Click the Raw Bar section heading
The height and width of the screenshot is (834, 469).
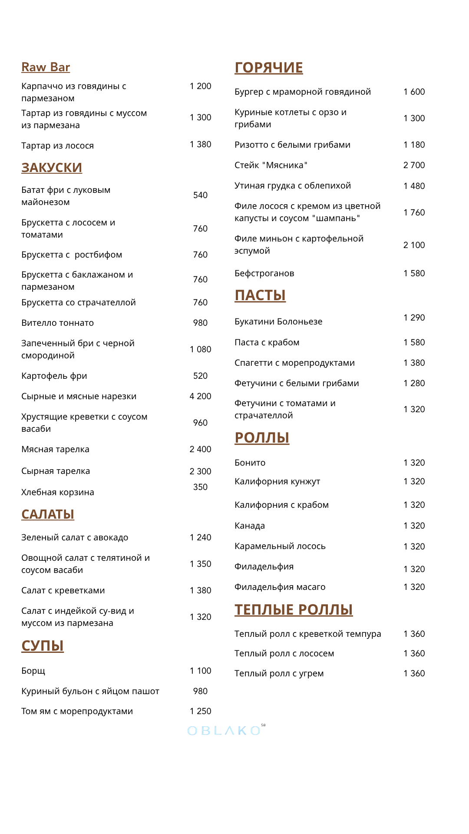(x=46, y=67)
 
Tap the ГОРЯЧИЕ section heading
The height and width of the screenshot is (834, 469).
(x=269, y=68)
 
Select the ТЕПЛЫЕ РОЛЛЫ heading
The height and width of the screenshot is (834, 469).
(x=294, y=610)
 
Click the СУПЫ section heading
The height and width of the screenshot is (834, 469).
(x=43, y=646)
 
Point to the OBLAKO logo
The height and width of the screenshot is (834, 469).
(x=225, y=731)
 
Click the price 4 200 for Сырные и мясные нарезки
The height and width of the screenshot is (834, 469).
(x=200, y=396)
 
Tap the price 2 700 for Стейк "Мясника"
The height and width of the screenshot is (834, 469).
(x=414, y=165)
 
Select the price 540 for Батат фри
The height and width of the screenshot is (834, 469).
(x=200, y=195)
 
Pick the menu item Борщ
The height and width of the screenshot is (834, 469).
(x=33, y=671)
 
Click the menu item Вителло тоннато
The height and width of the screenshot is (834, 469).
(x=58, y=323)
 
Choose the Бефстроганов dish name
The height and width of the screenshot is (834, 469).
(x=264, y=273)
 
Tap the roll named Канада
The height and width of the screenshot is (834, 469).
(x=250, y=526)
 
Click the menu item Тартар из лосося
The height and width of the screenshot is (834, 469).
(x=58, y=146)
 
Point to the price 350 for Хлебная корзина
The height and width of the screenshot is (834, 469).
(x=200, y=487)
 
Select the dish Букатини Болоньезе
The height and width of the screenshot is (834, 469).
(x=278, y=321)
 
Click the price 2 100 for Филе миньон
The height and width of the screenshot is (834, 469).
(x=414, y=245)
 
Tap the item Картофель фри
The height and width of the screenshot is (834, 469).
(x=54, y=376)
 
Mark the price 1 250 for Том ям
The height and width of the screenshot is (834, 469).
(x=200, y=711)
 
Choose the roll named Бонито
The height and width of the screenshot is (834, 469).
(x=250, y=463)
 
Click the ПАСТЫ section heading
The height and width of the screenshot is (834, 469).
(x=260, y=295)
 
